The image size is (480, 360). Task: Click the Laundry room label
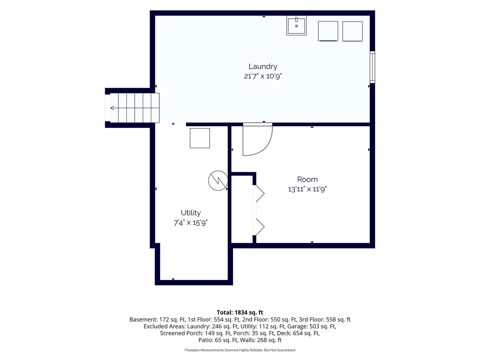pyautogui.click(x=263, y=66)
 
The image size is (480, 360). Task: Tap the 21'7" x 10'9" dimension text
pyautogui.click(x=263, y=76)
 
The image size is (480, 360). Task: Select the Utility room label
pyautogui.click(x=191, y=213)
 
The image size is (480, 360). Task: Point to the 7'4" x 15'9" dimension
pyautogui.click(x=190, y=223)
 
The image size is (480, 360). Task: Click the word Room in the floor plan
pyautogui.click(x=307, y=179)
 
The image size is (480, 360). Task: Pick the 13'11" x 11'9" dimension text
pyautogui.click(x=307, y=189)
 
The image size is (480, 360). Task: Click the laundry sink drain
pyautogui.click(x=297, y=26)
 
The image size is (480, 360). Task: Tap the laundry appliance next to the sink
pyautogui.click(x=328, y=31)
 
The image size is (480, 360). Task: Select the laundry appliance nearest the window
pyautogui.click(x=352, y=31)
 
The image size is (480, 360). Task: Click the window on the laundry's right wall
pyautogui.click(x=372, y=67)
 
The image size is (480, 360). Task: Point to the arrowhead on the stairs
pyautogui.click(x=112, y=108)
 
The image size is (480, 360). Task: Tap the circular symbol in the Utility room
pyautogui.click(x=218, y=181)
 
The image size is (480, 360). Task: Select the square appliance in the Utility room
pyautogui.click(x=200, y=138)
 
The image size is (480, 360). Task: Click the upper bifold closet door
pyautogui.click(x=259, y=193)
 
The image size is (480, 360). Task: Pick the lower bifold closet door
pyautogui.click(x=259, y=227)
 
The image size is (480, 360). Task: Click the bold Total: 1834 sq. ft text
pyautogui.click(x=240, y=312)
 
